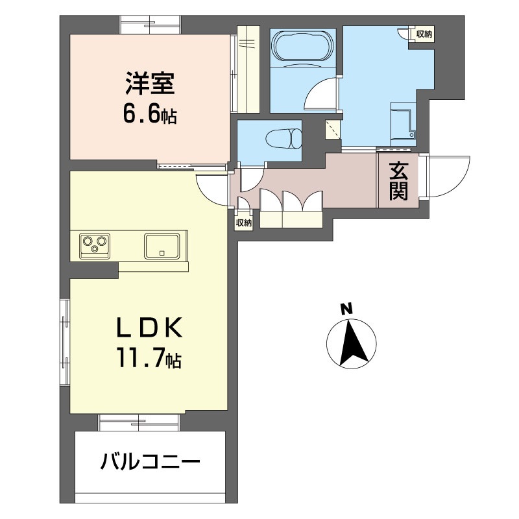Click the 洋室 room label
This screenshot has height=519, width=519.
(150, 84)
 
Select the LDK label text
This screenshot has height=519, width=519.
(149, 328)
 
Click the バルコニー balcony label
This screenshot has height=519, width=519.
(150, 461)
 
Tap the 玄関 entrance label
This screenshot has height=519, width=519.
(398, 180)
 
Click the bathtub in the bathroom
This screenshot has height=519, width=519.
(303, 46)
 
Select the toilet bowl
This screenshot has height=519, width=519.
(284, 139)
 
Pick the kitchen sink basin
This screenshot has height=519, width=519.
(162, 246)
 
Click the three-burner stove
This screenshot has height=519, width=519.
(95, 246)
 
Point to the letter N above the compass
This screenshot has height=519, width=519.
(346, 309)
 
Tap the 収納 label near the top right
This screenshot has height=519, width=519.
(424, 34)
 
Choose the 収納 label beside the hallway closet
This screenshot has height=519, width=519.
(244, 223)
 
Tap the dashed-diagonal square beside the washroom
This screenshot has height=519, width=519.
(333, 129)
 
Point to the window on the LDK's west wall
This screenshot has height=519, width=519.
(66, 343)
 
